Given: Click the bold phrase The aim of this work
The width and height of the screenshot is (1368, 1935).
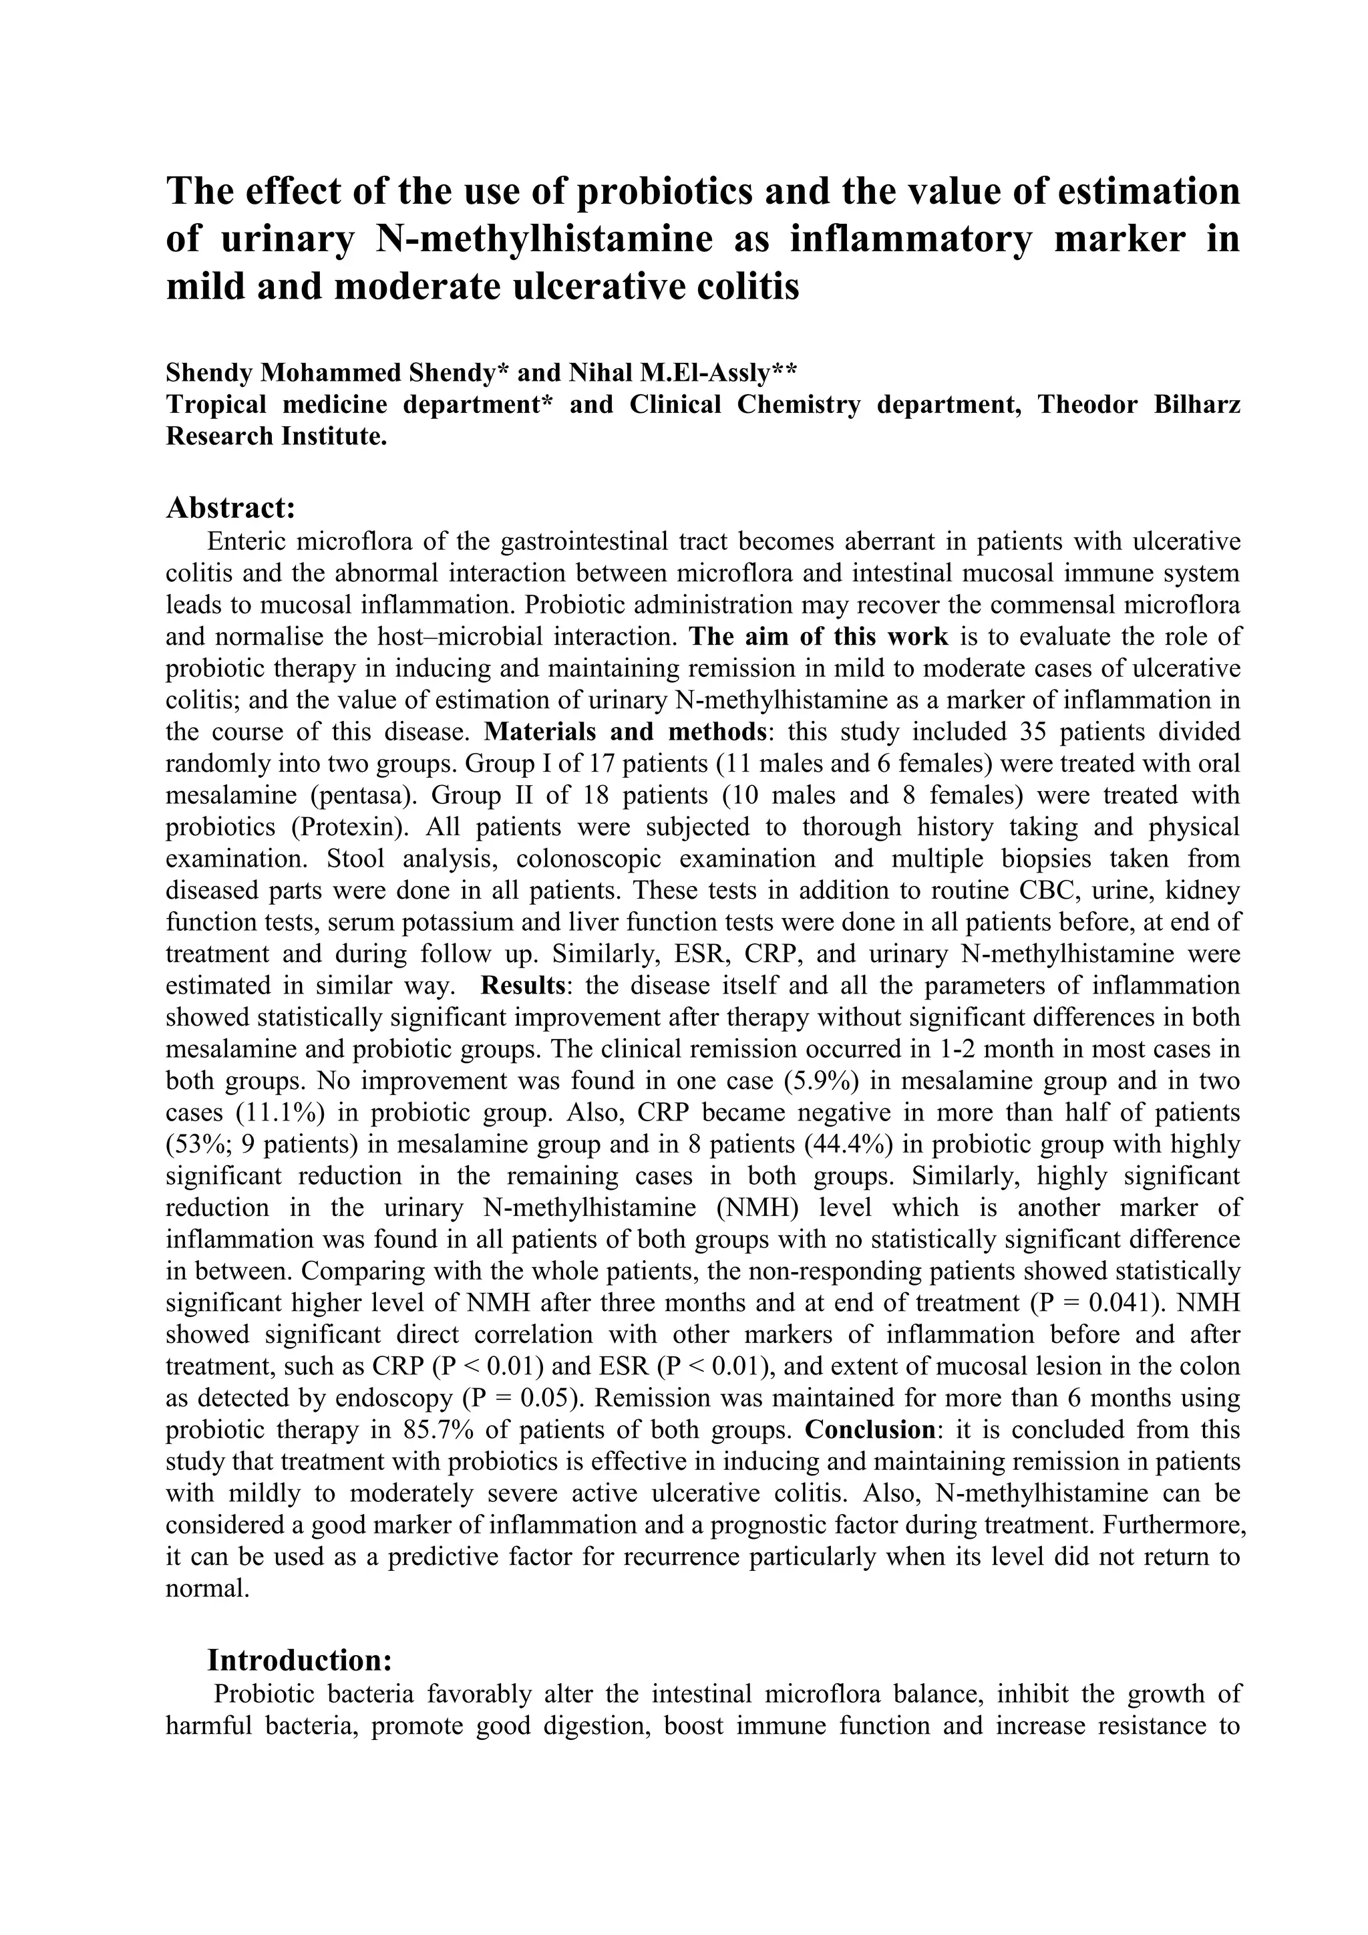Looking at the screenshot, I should [x=818, y=635].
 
